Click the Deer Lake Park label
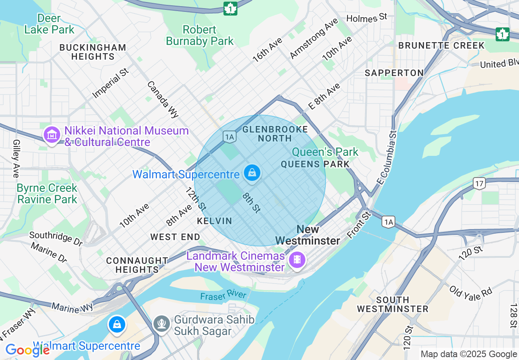coord(49,24)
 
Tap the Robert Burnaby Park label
coord(200,36)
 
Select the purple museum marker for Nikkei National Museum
coord(52,135)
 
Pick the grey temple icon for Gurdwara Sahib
coord(162,324)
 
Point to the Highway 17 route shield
coord(479,183)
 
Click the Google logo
coord(27,350)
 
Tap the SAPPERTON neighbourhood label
coord(394,73)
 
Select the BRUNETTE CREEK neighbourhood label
coord(441,45)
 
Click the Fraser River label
coord(223,295)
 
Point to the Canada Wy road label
coord(163,99)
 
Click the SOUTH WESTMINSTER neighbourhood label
coord(392,304)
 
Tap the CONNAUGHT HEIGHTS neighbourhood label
coord(137,265)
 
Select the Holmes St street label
coord(366,18)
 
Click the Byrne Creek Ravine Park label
coord(47,193)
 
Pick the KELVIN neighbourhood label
coord(214,221)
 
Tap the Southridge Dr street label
coord(56,239)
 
